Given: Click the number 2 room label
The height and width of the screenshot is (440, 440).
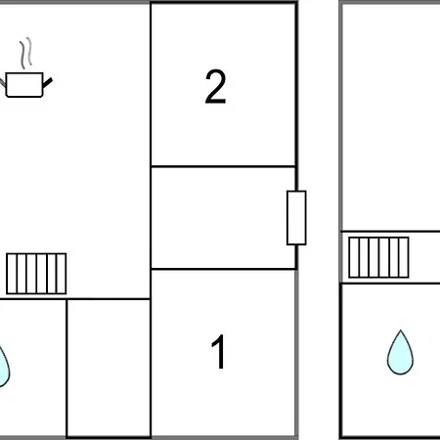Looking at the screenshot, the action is click(215, 87).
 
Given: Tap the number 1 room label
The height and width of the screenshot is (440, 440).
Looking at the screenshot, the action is click(219, 351).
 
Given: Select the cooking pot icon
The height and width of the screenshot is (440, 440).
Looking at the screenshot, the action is click(25, 85).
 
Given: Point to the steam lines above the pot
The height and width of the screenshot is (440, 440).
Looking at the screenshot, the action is click(26, 53).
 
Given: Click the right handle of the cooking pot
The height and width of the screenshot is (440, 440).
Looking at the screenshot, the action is click(48, 83).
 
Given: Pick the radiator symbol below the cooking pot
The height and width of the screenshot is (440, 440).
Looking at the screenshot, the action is click(36, 274).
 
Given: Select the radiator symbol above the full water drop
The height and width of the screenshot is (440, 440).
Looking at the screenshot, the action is click(378, 257).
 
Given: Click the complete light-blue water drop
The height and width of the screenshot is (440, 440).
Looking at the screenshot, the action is click(400, 354).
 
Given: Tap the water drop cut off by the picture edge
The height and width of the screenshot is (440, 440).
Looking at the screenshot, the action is click(4, 368).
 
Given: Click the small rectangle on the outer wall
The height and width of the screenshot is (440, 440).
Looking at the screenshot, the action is click(296, 218).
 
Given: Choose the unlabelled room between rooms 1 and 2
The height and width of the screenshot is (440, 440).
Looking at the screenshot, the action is click(223, 218).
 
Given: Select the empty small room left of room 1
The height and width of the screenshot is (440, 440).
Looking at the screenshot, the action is click(109, 369).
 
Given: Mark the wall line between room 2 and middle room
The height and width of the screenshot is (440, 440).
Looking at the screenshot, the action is click(223, 166).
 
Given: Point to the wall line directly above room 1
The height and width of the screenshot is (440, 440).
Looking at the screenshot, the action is click(223, 269).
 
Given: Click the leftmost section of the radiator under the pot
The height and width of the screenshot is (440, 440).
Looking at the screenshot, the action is click(12, 274).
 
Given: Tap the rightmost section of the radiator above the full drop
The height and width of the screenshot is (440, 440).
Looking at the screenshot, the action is click(404, 257).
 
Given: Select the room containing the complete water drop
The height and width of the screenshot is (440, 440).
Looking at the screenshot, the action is click(391, 361).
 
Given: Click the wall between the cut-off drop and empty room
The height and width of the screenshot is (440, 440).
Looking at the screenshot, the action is click(66, 369).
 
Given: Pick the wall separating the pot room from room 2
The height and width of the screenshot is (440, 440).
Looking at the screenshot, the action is click(151, 150).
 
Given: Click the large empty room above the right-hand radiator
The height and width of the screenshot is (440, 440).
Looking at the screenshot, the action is click(391, 117).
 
